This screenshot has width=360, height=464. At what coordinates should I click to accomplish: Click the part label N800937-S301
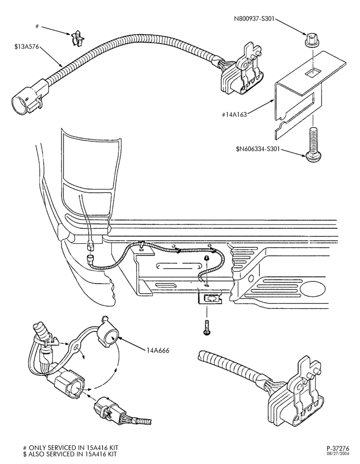click(x=254, y=19)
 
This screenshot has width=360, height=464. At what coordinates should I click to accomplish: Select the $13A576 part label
click(x=26, y=46)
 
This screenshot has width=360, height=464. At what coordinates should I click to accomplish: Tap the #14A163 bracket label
click(x=234, y=114)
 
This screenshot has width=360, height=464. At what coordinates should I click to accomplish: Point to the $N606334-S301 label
click(x=257, y=148)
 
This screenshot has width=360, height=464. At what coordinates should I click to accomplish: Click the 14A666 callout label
click(x=157, y=351)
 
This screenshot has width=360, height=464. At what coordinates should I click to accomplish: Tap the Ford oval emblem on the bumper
click(x=313, y=289)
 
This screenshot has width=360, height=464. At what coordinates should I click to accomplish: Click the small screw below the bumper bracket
click(x=207, y=328)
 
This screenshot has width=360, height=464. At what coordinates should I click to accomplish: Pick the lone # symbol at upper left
click(x=37, y=26)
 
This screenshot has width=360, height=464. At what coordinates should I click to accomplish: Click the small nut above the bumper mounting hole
click(x=207, y=258)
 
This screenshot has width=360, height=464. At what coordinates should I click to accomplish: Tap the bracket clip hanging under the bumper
click(x=211, y=299)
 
